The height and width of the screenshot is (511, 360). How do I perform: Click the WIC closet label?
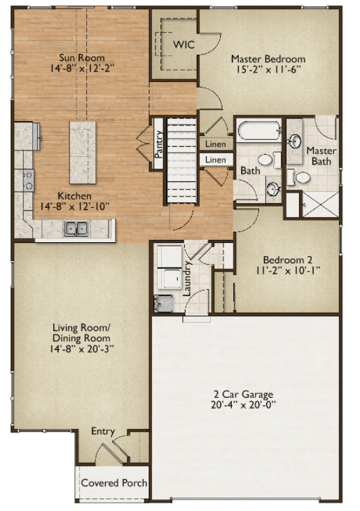(184, 44)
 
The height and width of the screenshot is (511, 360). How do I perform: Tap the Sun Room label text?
(82, 57)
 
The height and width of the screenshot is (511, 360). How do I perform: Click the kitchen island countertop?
(83, 152)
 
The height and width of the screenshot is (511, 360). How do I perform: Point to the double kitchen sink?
(76, 228)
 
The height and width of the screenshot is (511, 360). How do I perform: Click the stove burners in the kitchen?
(29, 180)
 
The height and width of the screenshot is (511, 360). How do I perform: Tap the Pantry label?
(159, 144)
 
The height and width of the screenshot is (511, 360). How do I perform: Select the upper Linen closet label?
(216, 143)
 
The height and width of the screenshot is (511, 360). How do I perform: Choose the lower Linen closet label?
(216, 160)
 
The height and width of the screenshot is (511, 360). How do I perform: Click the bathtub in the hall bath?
(259, 130)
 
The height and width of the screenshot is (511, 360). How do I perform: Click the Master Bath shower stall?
(321, 204)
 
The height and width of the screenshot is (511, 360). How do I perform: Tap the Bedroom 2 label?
(288, 260)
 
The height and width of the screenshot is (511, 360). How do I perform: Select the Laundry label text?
(187, 278)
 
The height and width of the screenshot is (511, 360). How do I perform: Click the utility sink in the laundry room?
(163, 303)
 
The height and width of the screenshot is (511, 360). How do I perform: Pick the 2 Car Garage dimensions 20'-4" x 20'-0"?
(243, 405)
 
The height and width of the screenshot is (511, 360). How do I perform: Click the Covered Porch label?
(113, 482)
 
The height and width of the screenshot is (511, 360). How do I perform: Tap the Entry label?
(103, 431)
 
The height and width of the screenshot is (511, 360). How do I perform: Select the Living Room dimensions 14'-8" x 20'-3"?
(81, 349)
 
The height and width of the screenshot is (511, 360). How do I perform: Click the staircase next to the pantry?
(182, 161)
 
